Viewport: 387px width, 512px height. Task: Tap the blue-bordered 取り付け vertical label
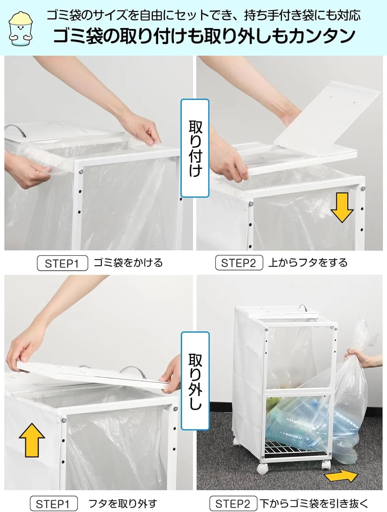[x=195, y=148]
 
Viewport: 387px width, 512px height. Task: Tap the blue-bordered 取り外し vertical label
[x=195, y=381]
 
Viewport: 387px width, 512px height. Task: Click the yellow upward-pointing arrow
[x=32, y=440]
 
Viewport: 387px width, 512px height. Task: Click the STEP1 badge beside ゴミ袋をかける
[x=62, y=263]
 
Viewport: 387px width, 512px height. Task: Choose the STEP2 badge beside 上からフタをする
[x=239, y=263]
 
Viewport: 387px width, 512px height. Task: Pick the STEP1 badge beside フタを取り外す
[x=53, y=504]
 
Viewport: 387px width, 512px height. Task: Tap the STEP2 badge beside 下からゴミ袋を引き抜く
[x=233, y=504]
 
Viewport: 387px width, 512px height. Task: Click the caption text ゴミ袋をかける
[x=128, y=263]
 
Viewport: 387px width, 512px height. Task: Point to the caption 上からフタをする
[x=308, y=263]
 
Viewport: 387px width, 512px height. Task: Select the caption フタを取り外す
[x=122, y=503]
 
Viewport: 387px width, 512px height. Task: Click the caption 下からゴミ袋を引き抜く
[x=314, y=503]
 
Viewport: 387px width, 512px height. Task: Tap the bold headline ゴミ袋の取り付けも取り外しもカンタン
[x=204, y=37]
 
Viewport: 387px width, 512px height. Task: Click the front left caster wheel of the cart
[x=262, y=468]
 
